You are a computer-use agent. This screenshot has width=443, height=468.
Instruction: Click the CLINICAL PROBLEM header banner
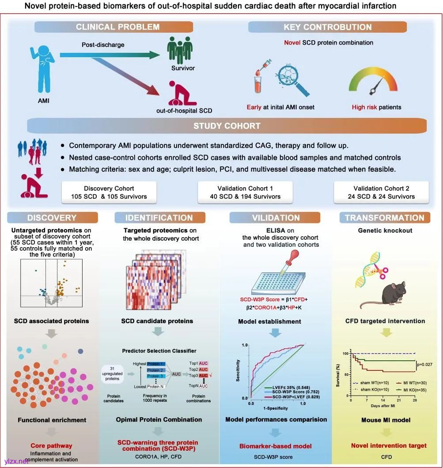[117, 27]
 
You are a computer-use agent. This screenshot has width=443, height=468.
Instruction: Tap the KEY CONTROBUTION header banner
[327, 27]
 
